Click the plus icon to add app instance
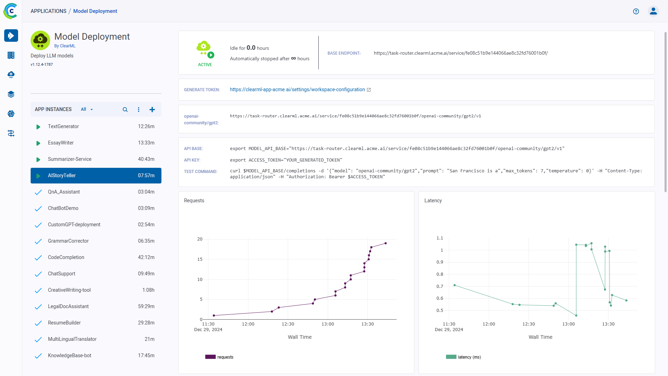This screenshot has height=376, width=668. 152,110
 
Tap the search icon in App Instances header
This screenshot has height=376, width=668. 125,110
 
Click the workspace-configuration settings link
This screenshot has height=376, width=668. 297,89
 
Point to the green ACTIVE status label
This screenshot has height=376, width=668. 205,65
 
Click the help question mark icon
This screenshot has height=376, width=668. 636,11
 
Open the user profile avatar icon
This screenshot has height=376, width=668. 653,11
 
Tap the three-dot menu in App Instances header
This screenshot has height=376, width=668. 138,110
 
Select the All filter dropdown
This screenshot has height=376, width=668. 87,109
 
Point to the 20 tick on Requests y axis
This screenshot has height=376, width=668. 200,239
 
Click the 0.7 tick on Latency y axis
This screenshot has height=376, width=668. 440,287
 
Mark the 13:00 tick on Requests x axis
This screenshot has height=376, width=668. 328,324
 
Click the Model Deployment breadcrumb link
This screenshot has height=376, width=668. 95,11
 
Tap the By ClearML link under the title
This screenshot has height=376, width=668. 65,46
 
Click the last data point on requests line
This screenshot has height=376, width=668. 385,243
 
